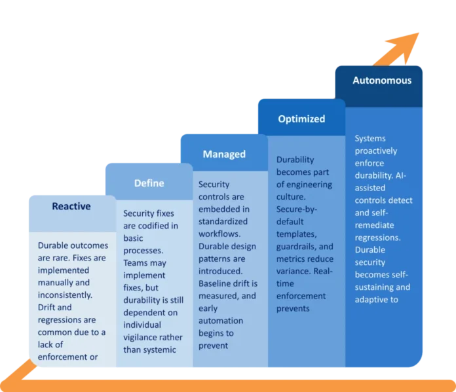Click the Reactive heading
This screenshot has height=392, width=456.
click(x=71, y=206)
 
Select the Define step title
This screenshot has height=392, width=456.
click(x=149, y=183)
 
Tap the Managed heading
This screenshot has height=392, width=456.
click(x=224, y=154)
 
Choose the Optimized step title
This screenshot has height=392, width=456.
click(x=301, y=119)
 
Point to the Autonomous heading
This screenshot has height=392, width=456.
click(x=382, y=80)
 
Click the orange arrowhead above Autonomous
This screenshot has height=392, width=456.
click(x=406, y=46)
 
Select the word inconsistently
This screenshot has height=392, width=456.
click(x=65, y=295)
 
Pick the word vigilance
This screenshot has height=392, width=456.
click(x=142, y=338)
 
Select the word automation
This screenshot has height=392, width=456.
click(x=221, y=321)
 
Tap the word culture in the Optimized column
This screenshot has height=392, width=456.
click(x=291, y=197)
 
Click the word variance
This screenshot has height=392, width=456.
click(x=293, y=272)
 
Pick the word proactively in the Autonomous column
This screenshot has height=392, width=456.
click(x=375, y=151)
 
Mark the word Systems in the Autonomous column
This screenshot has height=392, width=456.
click(x=370, y=139)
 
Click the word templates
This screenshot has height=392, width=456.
click(x=297, y=234)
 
